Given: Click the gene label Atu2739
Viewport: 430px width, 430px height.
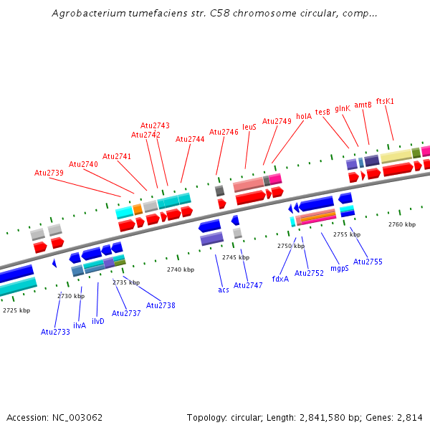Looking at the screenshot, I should [x=49, y=173].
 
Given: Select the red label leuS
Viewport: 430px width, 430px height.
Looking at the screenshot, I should [x=249, y=127].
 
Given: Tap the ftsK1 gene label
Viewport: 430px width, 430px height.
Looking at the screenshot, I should [x=385, y=101].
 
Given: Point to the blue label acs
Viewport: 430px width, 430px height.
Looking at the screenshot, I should [x=224, y=290].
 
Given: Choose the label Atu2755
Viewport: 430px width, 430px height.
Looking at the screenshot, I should [x=368, y=262].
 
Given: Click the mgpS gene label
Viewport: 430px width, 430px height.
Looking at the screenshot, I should [x=340, y=268].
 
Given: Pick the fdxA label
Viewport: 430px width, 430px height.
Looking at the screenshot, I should [x=280, y=279].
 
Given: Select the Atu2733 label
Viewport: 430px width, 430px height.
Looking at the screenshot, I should [x=55, y=332].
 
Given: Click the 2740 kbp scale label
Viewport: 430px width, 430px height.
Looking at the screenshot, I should [x=181, y=269].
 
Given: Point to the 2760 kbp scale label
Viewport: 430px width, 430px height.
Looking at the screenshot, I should [x=402, y=224].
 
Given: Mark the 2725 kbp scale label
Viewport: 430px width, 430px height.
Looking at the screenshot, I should [x=16, y=310].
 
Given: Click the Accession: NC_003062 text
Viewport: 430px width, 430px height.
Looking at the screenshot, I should [x=54, y=417].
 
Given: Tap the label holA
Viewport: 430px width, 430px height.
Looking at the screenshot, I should [x=304, y=115].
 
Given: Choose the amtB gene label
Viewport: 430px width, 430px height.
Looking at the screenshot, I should [x=363, y=105].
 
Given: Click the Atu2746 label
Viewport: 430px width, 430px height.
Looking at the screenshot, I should [x=224, y=132].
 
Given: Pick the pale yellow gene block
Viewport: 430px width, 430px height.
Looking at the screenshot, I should [x=396, y=156].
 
